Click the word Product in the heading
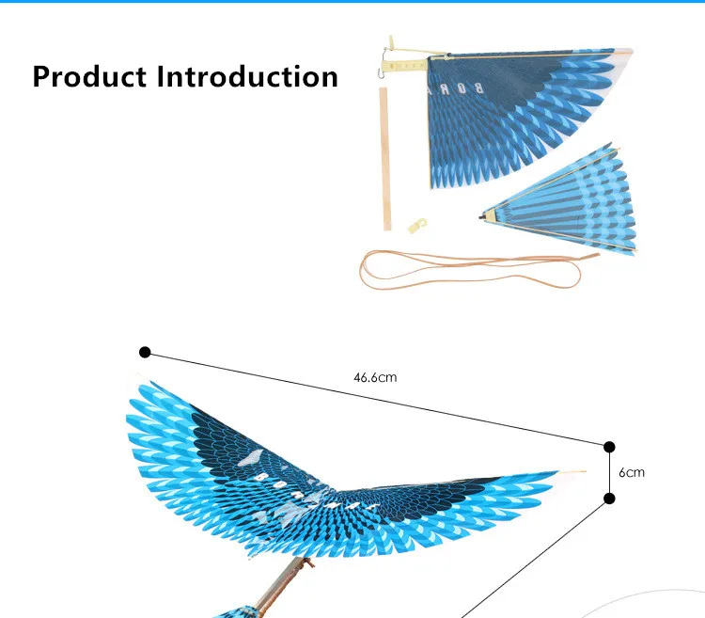click(90, 76)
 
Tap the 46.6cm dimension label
click(375, 378)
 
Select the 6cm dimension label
click(632, 472)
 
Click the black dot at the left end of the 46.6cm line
click(145, 352)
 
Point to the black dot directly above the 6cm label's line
click(609, 446)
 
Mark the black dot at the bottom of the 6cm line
click(609, 499)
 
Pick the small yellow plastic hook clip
click(417, 225)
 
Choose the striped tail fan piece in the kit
click(564, 202)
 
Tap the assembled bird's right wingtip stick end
click(575, 472)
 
